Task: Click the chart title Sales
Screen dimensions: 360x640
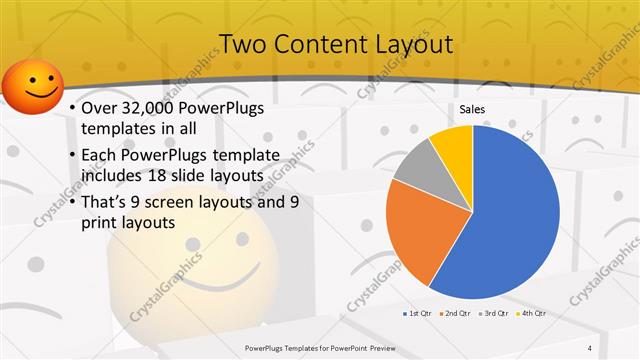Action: [472, 108]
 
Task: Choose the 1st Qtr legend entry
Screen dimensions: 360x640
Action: [415, 313]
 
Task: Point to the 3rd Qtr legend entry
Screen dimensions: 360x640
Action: [496, 313]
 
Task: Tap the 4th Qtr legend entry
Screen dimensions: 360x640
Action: [533, 313]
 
